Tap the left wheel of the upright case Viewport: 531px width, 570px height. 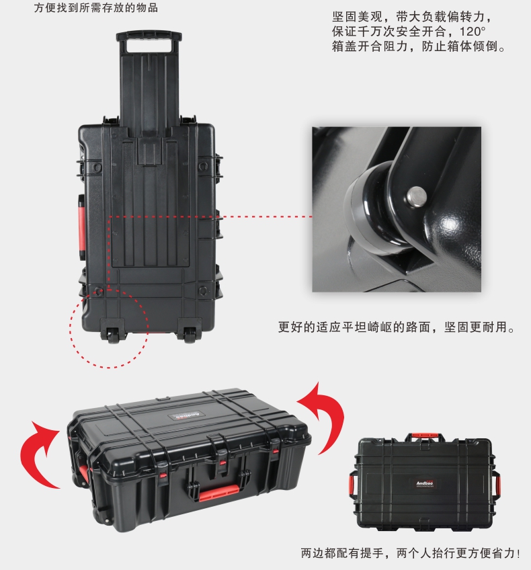tap(114, 335)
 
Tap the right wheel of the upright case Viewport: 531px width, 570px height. tap(190, 335)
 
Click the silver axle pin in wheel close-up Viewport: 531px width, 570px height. tap(417, 197)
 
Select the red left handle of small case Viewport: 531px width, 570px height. tap(352, 484)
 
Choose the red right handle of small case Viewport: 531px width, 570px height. tap(497, 485)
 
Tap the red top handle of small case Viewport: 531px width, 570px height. tap(425, 436)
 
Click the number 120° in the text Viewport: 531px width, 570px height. tap(473, 32)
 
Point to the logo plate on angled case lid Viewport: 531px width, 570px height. tap(186, 416)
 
